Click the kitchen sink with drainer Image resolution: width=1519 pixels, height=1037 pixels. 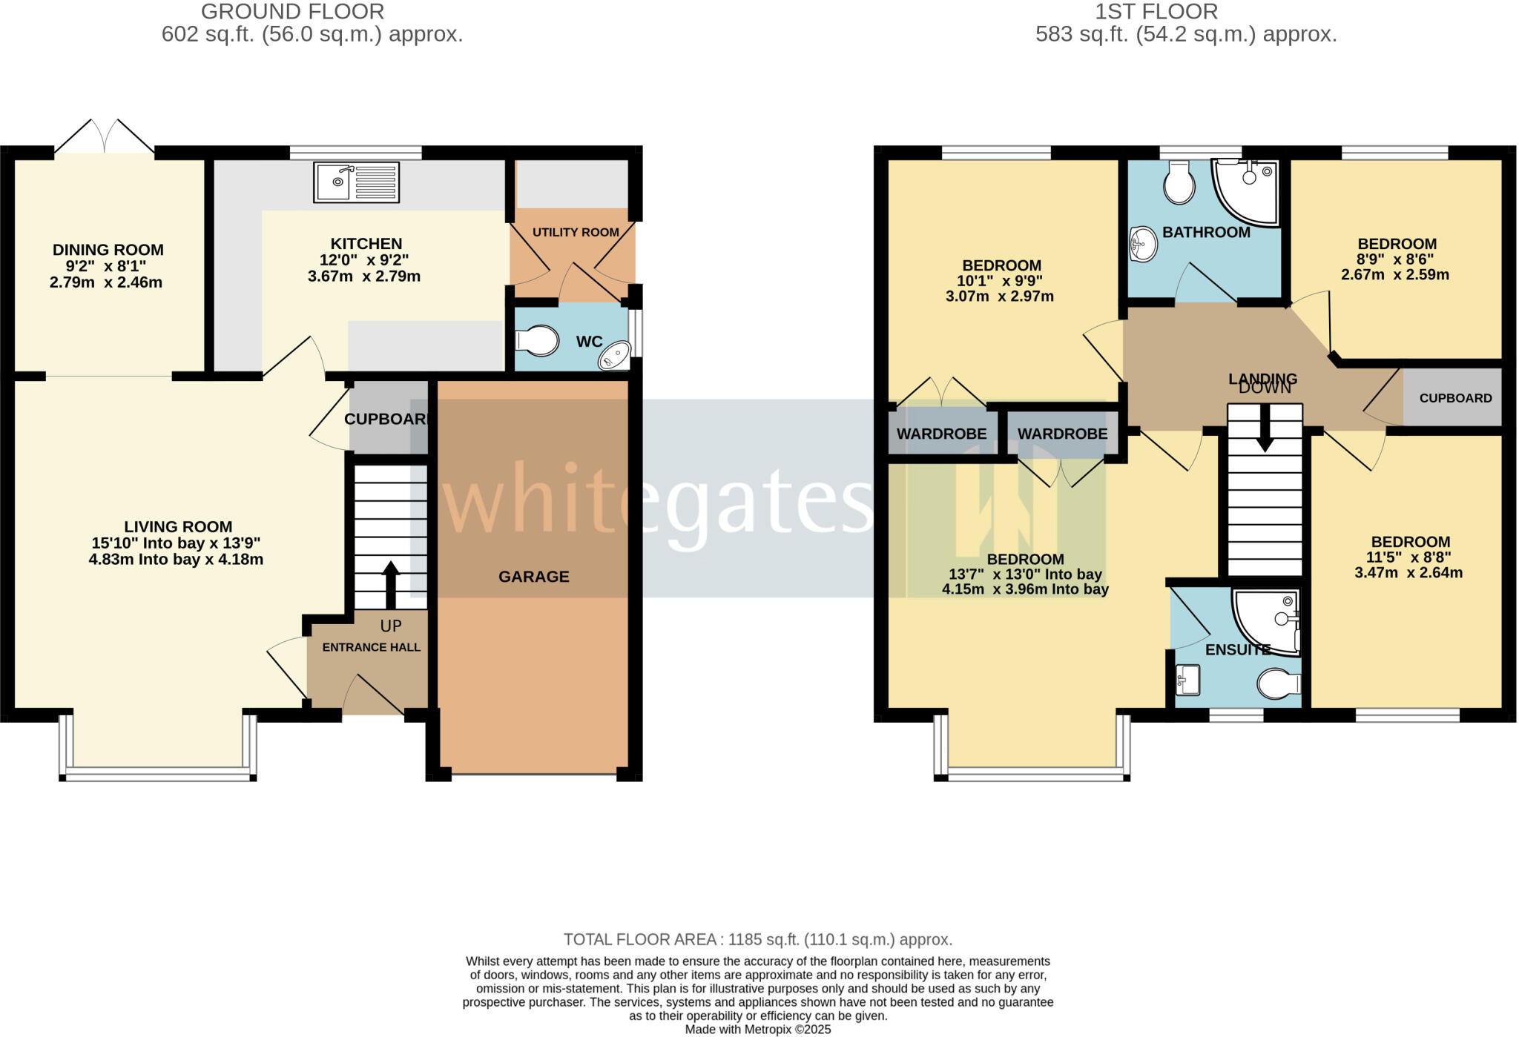356,182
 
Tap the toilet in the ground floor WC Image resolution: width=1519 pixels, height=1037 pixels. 538,341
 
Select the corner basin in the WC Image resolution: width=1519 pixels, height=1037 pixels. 615,356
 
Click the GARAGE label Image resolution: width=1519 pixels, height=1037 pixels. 533,577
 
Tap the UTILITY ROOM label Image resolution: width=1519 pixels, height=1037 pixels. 576,232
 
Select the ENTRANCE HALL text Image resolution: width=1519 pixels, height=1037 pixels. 371,647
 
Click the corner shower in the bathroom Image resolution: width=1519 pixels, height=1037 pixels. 1248,191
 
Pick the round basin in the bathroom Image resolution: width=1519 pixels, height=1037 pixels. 1143,244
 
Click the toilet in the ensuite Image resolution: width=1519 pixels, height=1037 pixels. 1278,683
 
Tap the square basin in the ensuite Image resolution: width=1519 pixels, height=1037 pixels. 1188,680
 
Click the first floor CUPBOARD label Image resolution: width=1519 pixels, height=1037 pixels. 1455,398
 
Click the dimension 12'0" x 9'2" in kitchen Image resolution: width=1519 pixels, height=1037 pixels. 366,260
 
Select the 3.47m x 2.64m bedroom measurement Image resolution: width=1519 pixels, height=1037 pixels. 1408,573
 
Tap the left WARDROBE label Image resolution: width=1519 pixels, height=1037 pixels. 941,434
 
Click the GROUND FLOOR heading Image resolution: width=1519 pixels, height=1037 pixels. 292,12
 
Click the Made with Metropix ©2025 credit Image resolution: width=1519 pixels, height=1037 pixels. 757,1030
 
